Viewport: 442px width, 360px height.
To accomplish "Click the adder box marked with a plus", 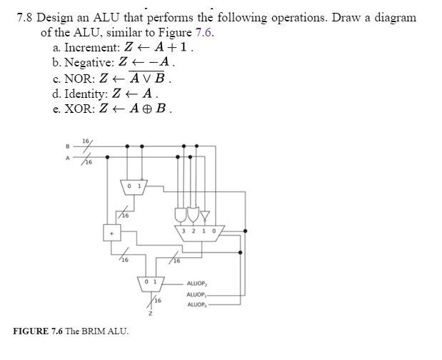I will click(x=111, y=231).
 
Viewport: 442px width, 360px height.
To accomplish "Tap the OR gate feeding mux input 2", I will click(x=195, y=214).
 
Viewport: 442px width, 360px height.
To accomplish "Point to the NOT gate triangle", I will click(x=204, y=214).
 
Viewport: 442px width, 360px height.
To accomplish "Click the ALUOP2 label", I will click(x=196, y=284).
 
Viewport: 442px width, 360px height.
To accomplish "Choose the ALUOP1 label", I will click(x=196, y=294).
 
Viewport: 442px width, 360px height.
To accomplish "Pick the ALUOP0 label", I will click(x=196, y=305).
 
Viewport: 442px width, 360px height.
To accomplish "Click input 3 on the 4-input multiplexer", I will click(x=185, y=231).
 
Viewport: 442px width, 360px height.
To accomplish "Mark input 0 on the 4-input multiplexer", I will click(x=215, y=231).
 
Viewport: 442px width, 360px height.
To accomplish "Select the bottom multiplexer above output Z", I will click(x=151, y=283).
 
